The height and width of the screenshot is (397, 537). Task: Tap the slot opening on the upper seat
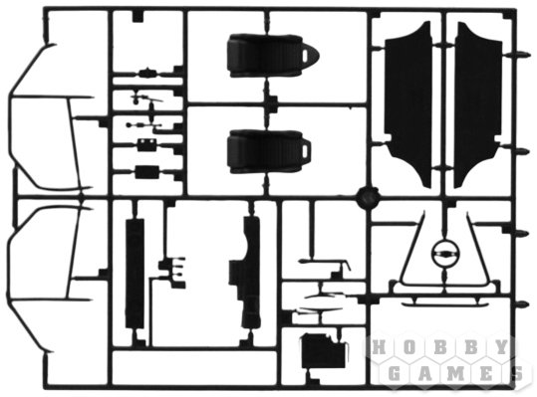coord(306,56)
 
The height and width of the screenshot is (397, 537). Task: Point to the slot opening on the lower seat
coord(305,151)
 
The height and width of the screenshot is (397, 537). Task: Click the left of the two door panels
coord(408,102)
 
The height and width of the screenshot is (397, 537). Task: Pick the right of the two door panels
coord(478,102)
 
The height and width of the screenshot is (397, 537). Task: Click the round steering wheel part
coord(445,254)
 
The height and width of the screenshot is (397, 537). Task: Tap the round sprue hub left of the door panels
coord(368,198)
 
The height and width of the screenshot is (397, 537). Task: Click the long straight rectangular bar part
coord(134,274)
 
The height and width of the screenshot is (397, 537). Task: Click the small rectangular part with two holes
coord(146,145)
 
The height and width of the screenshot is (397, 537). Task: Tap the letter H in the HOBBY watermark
coord(379,348)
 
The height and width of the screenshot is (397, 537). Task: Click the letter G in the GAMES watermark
coord(395,373)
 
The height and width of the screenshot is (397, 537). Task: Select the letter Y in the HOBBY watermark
coord(501,348)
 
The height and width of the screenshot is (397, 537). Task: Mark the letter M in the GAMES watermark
coord(455,373)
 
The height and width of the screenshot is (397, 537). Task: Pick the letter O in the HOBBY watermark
coord(409,348)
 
